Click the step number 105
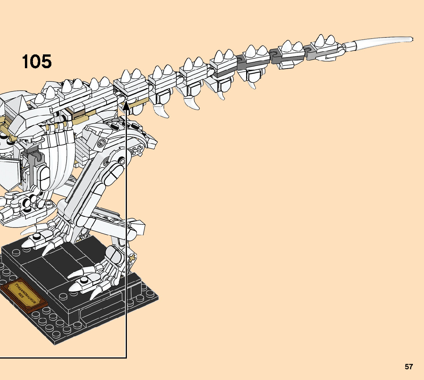(36, 61)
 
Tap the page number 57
(409, 367)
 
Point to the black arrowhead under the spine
(126, 106)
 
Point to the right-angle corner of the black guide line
(126, 358)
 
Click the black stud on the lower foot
(84, 280)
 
